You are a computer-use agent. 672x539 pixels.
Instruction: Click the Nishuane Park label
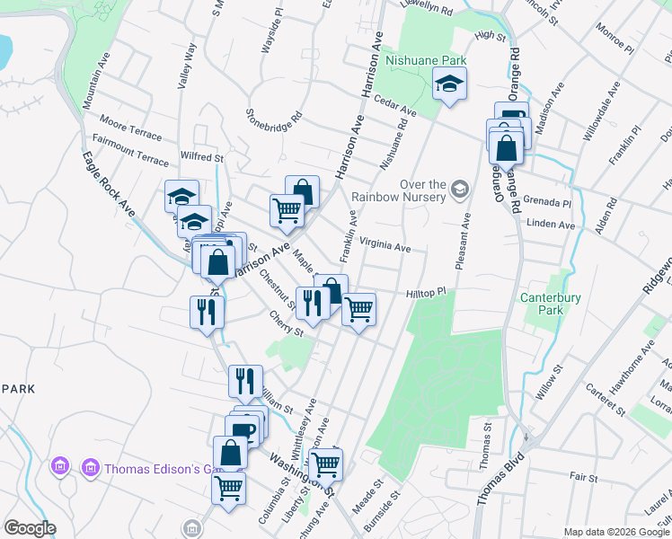427,60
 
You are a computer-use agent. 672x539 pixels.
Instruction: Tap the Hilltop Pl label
426,293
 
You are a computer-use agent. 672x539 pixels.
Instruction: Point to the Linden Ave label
551,224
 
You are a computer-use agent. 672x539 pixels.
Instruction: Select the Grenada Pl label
550,203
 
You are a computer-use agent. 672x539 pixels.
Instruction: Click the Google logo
30,528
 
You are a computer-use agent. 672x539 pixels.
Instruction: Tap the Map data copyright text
615,532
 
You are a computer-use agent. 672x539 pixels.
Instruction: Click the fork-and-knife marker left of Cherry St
208,312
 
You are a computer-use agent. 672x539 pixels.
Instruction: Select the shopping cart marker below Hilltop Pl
358,309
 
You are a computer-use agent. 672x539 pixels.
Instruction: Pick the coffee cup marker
244,429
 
